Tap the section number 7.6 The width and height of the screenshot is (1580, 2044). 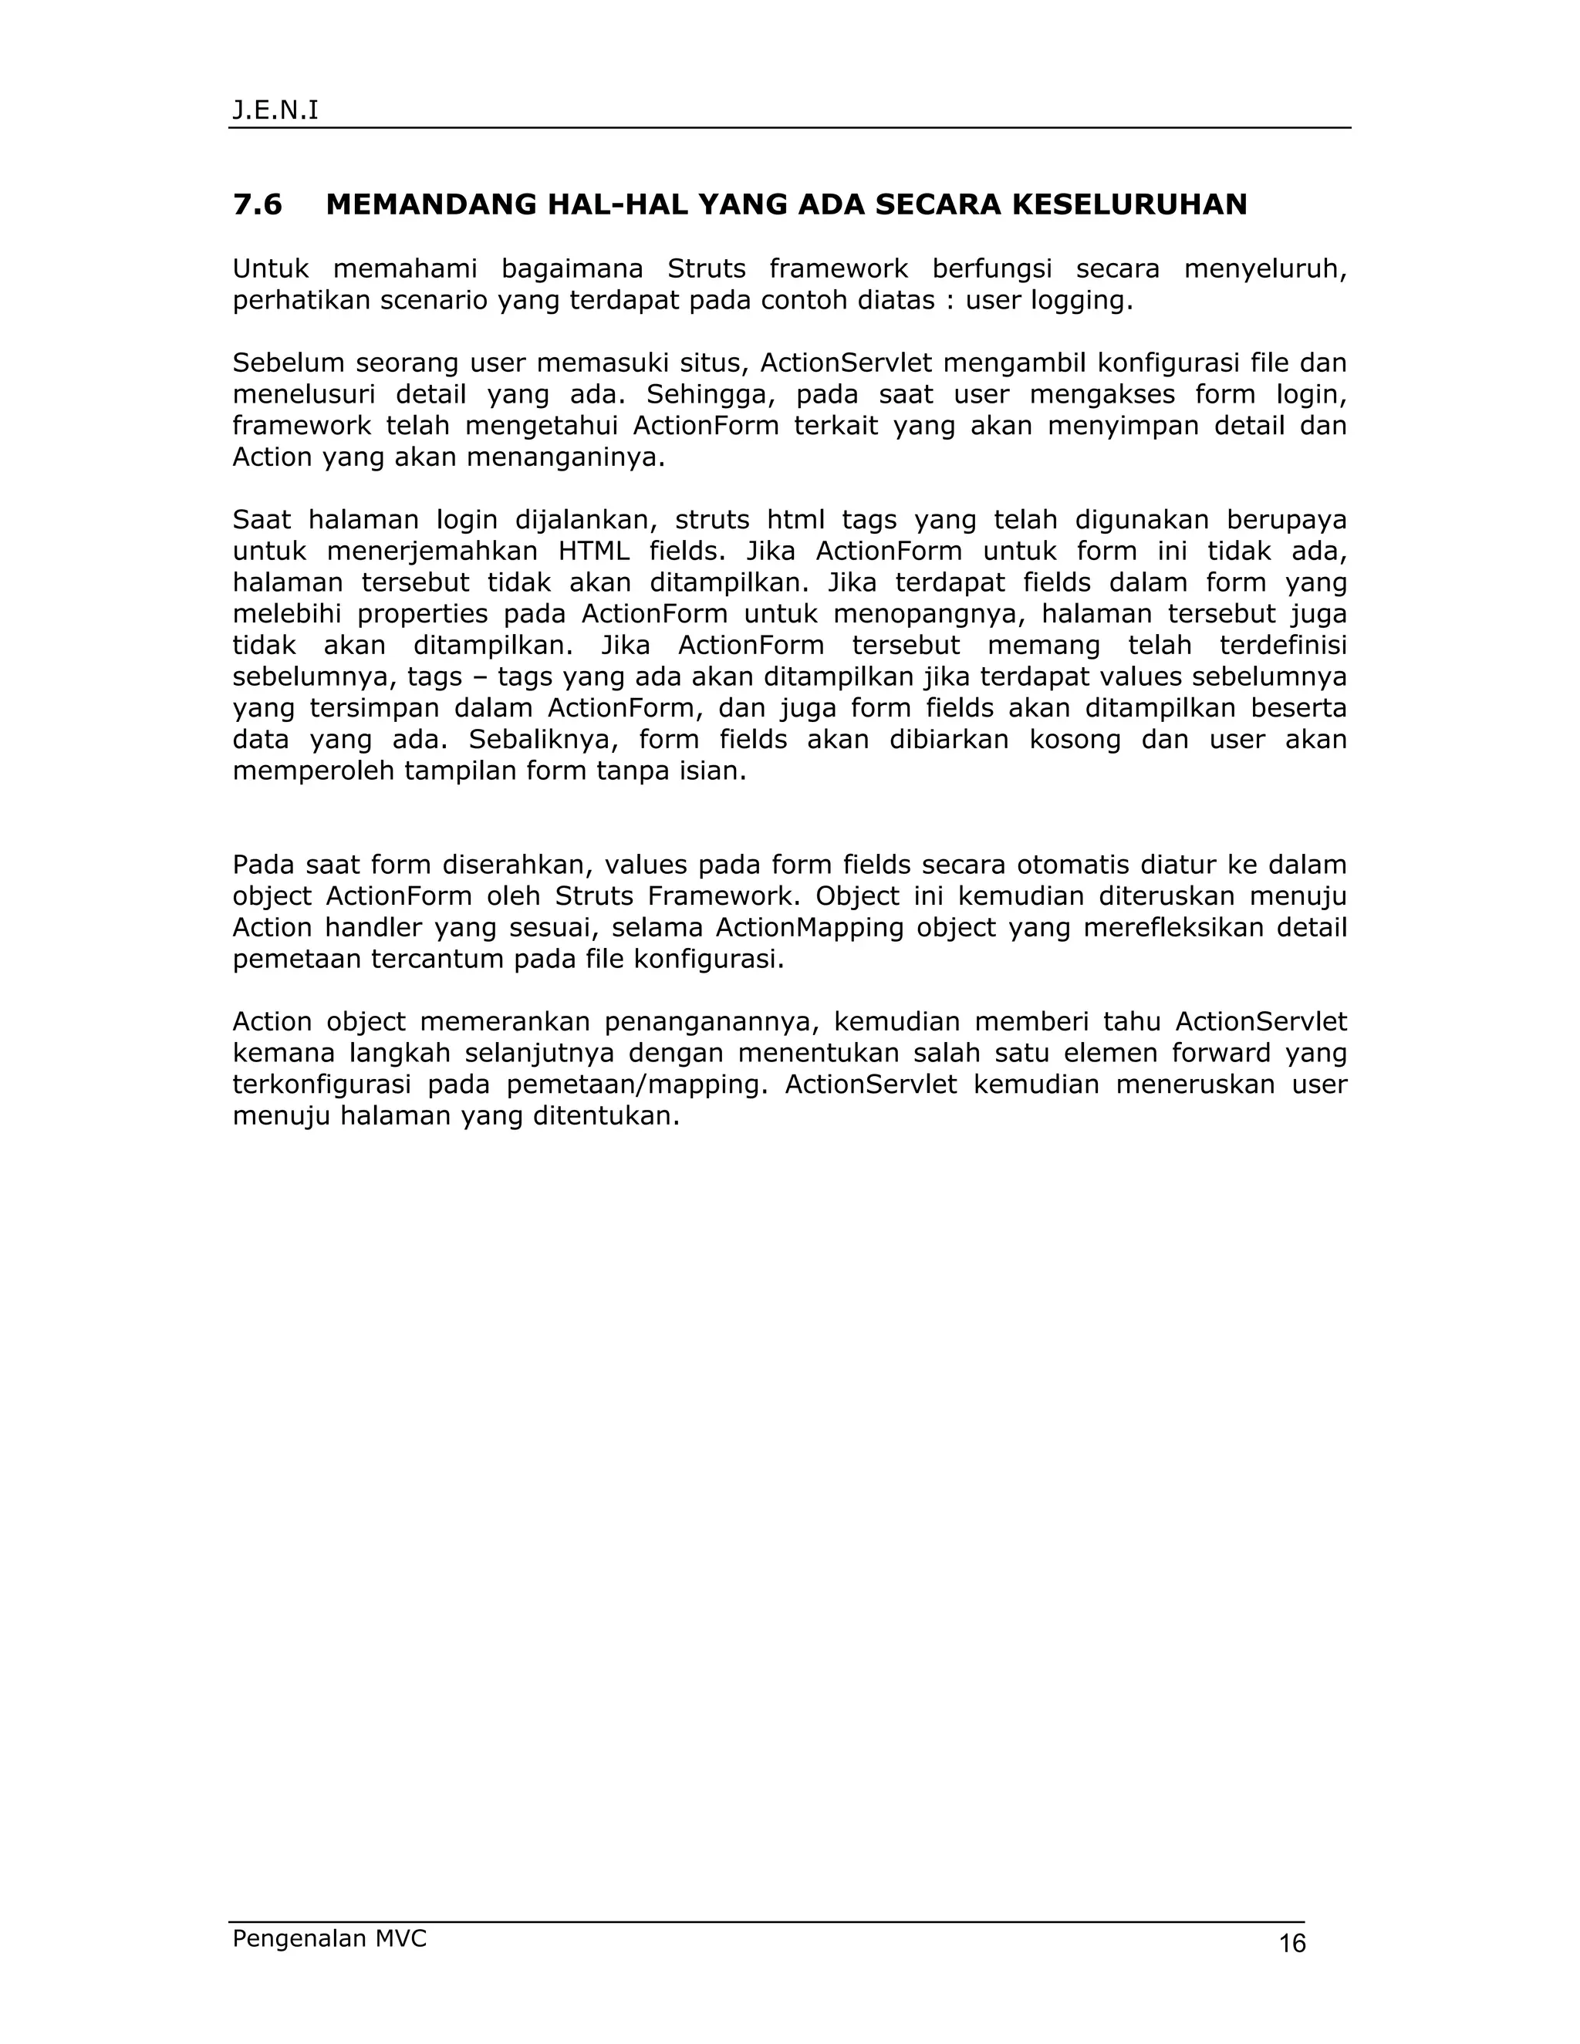click(258, 204)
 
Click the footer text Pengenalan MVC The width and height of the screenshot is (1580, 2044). click(329, 1938)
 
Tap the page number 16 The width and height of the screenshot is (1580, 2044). click(1291, 1944)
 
